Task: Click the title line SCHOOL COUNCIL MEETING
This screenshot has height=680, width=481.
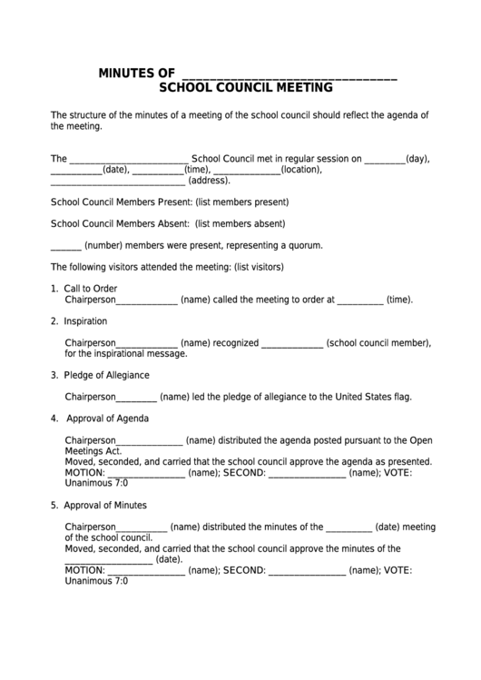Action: pyautogui.click(x=245, y=89)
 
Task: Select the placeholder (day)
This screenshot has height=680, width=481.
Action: pyautogui.click(x=417, y=157)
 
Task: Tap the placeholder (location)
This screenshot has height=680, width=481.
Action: pyautogui.click(x=302, y=169)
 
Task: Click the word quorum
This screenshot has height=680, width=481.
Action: pyautogui.click(x=302, y=245)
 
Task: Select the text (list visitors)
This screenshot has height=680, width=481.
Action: pyautogui.click(x=260, y=267)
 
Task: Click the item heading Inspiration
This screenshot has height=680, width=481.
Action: pyautogui.click(x=85, y=320)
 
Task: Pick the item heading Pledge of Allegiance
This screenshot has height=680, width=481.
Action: pyautogui.click(x=106, y=375)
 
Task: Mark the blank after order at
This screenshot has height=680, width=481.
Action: pyautogui.click(x=360, y=300)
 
